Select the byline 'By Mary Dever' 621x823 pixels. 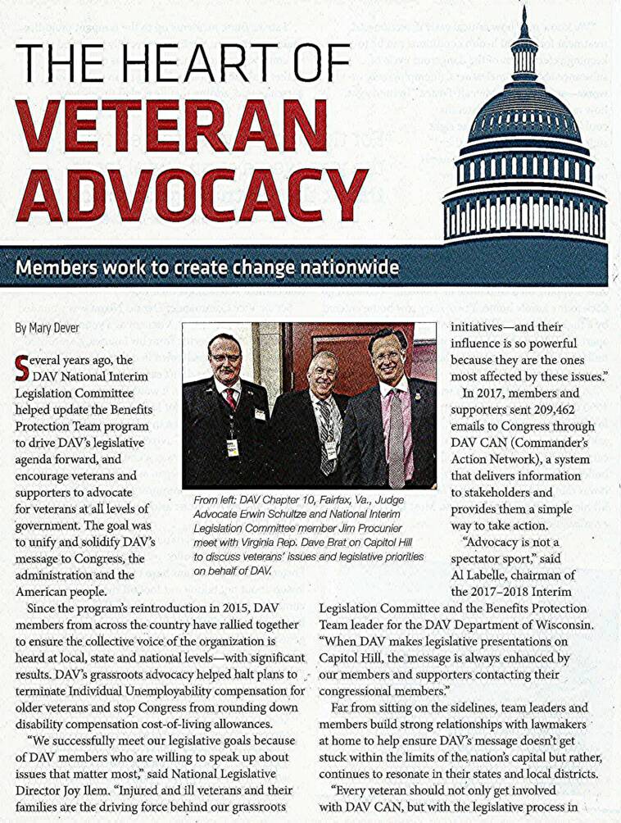47,327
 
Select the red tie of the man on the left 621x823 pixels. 231,398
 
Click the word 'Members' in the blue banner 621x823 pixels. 62,267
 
